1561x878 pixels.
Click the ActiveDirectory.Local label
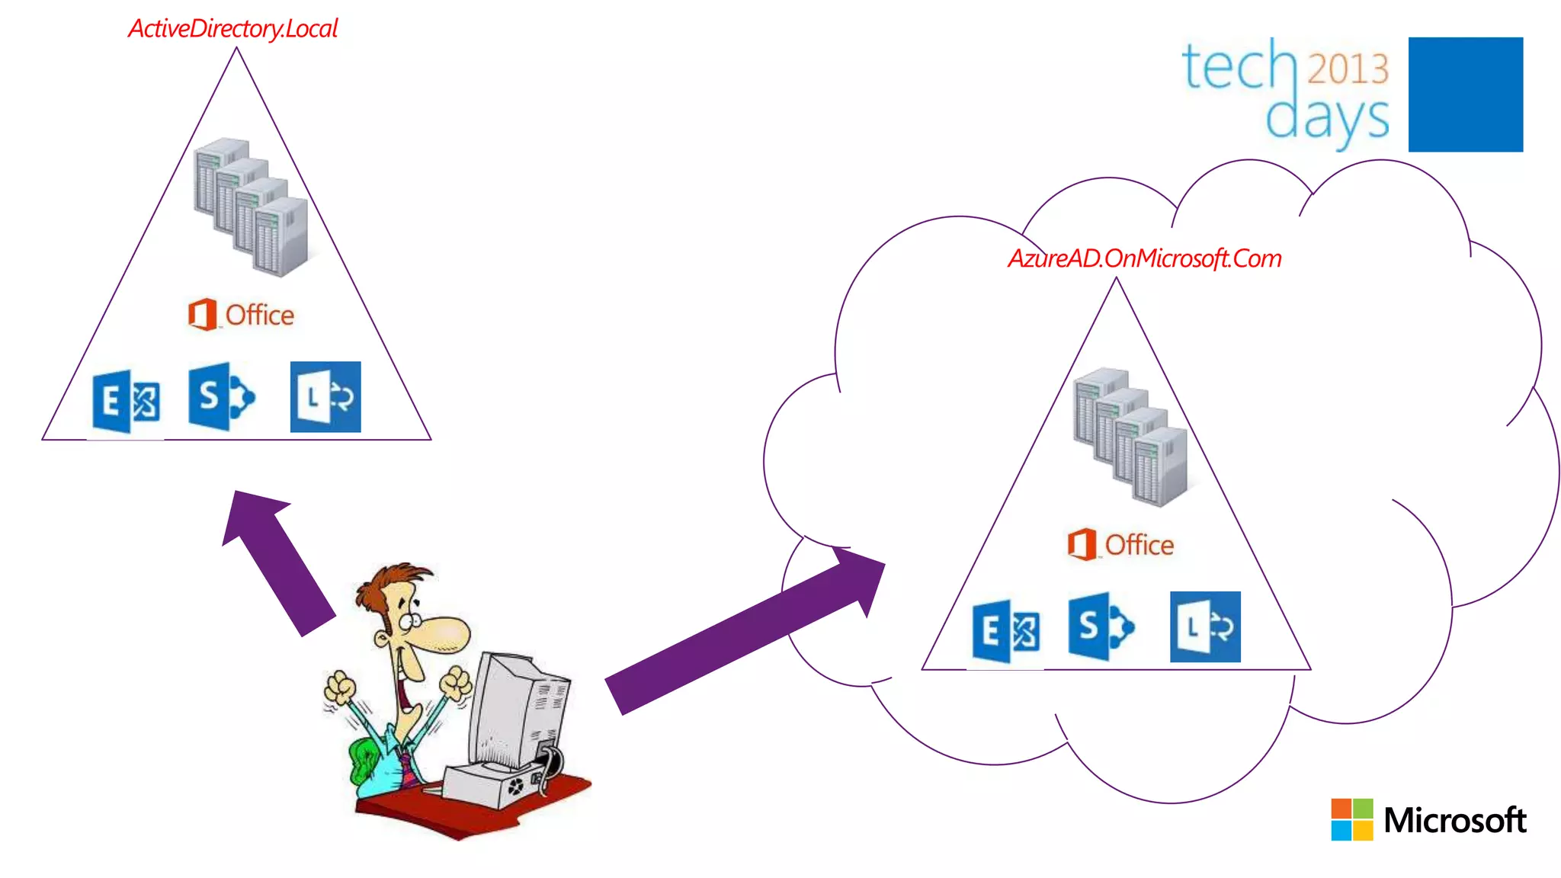tap(232, 29)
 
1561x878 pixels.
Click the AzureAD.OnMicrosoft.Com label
tap(1144, 259)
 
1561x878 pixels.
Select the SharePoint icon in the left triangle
tap(221, 396)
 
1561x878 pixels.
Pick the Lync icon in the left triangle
tap(325, 397)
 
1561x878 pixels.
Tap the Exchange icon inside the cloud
tap(1006, 631)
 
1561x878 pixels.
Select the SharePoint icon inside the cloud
tap(1101, 626)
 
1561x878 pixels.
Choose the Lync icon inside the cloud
tap(1205, 626)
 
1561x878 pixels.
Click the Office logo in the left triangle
tap(241, 315)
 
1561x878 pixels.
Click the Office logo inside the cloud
tap(1120, 545)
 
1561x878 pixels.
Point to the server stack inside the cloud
tap(1131, 437)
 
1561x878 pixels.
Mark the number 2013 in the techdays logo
tap(1348, 69)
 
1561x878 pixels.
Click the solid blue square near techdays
tap(1465, 95)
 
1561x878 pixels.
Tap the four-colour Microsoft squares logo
tap(1351, 820)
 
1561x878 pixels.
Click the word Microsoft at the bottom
tap(1454, 821)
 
